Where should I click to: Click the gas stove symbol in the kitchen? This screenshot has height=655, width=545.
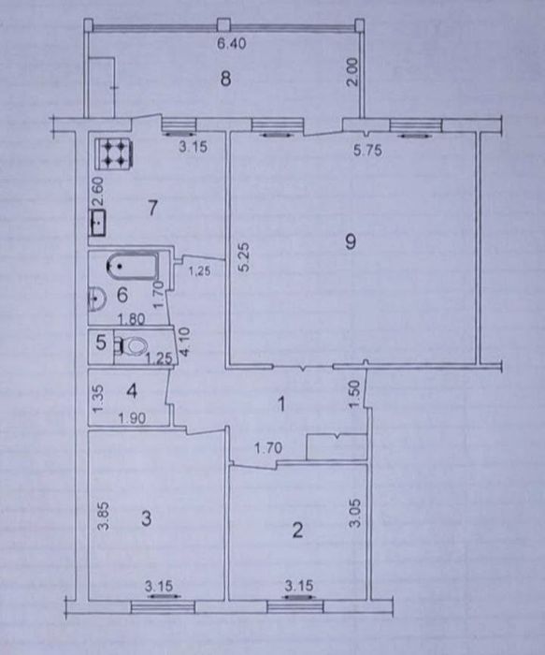[114, 153]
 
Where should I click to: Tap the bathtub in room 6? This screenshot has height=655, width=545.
[133, 267]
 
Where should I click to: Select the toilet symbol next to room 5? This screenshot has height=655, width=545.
[132, 346]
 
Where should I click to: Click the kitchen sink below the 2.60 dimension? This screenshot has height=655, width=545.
[98, 224]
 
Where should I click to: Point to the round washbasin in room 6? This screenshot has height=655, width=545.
[95, 298]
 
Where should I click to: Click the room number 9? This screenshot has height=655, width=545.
[351, 241]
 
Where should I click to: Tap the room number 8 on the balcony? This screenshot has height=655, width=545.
[226, 78]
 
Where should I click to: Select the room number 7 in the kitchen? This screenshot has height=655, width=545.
[152, 208]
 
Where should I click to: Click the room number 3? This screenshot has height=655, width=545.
[146, 518]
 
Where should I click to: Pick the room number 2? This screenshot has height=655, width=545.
[297, 531]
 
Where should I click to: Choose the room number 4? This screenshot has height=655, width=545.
[132, 391]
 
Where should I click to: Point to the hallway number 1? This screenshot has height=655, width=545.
[282, 404]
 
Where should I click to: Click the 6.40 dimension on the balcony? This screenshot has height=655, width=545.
[232, 43]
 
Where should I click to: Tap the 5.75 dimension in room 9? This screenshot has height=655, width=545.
[367, 150]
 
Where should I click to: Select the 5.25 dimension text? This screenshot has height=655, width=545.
[244, 257]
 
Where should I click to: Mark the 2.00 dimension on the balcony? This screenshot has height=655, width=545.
[352, 72]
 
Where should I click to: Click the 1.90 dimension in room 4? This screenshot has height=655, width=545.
[132, 417]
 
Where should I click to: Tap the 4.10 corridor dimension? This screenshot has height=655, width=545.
[184, 342]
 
